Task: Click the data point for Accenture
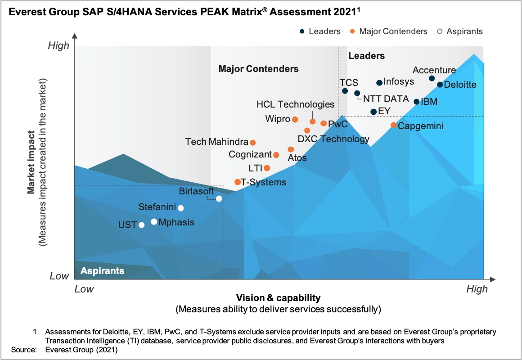(x=432, y=78)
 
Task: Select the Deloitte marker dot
(x=440, y=85)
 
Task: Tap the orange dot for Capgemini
(x=393, y=125)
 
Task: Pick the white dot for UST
(x=142, y=225)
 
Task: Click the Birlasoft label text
(x=197, y=190)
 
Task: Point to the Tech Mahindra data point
(x=252, y=143)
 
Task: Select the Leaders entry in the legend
(x=320, y=31)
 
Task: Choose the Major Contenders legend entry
(x=389, y=31)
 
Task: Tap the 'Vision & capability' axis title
(x=278, y=298)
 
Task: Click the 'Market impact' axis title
(x=31, y=162)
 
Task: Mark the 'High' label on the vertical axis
(x=59, y=45)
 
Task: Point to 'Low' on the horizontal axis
(x=84, y=289)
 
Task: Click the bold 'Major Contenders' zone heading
(x=258, y=69)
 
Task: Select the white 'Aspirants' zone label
(x=102, y=271)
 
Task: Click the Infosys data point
(x=379, y=83)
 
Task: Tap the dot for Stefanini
(x=181, y=208)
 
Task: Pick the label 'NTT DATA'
(x=386, y=99)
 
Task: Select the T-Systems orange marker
(x=237, y=182)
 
